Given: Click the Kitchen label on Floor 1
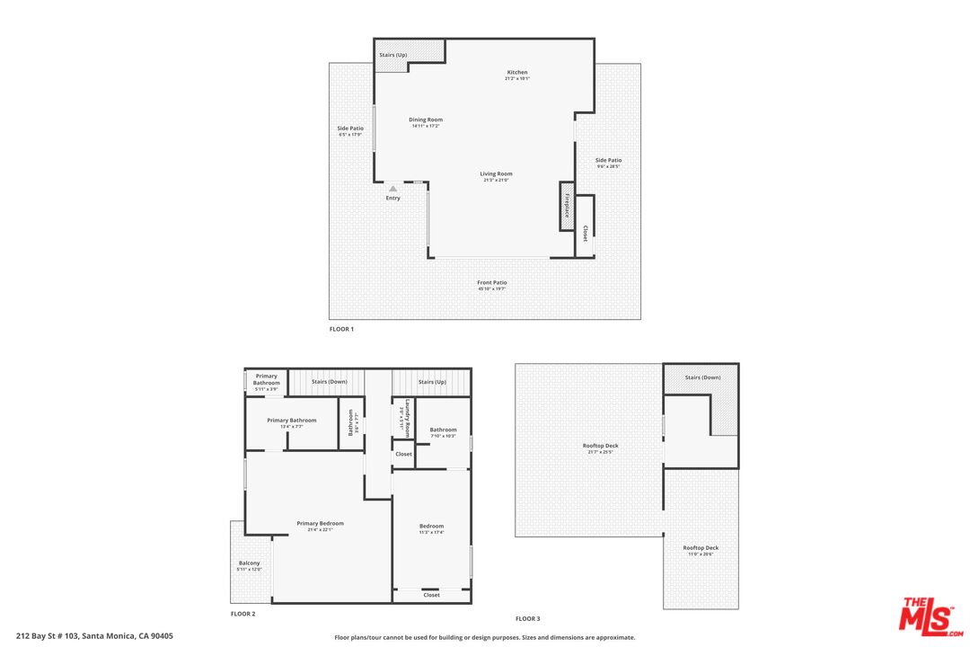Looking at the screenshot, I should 516,73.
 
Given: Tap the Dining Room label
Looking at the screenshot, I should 426,120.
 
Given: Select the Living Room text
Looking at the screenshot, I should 496,174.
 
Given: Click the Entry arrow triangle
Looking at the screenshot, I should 392,189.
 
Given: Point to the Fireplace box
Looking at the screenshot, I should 567,206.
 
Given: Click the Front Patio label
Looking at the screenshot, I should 491,283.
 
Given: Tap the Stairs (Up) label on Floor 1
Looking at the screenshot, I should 392,55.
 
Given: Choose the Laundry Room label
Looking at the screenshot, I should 408,418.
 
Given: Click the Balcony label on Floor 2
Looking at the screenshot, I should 249,563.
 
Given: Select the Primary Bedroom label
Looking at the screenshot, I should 320,524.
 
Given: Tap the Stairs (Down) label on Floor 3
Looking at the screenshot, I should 702,377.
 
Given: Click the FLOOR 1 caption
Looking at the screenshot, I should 341,330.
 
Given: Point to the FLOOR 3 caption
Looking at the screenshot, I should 527,618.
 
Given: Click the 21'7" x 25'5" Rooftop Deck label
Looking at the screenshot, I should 600,447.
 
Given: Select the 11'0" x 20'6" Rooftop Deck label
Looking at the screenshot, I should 701,548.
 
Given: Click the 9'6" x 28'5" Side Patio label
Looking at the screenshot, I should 608,161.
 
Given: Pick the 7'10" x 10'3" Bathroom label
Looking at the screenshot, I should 443,430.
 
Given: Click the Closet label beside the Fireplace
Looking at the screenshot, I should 585,233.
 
